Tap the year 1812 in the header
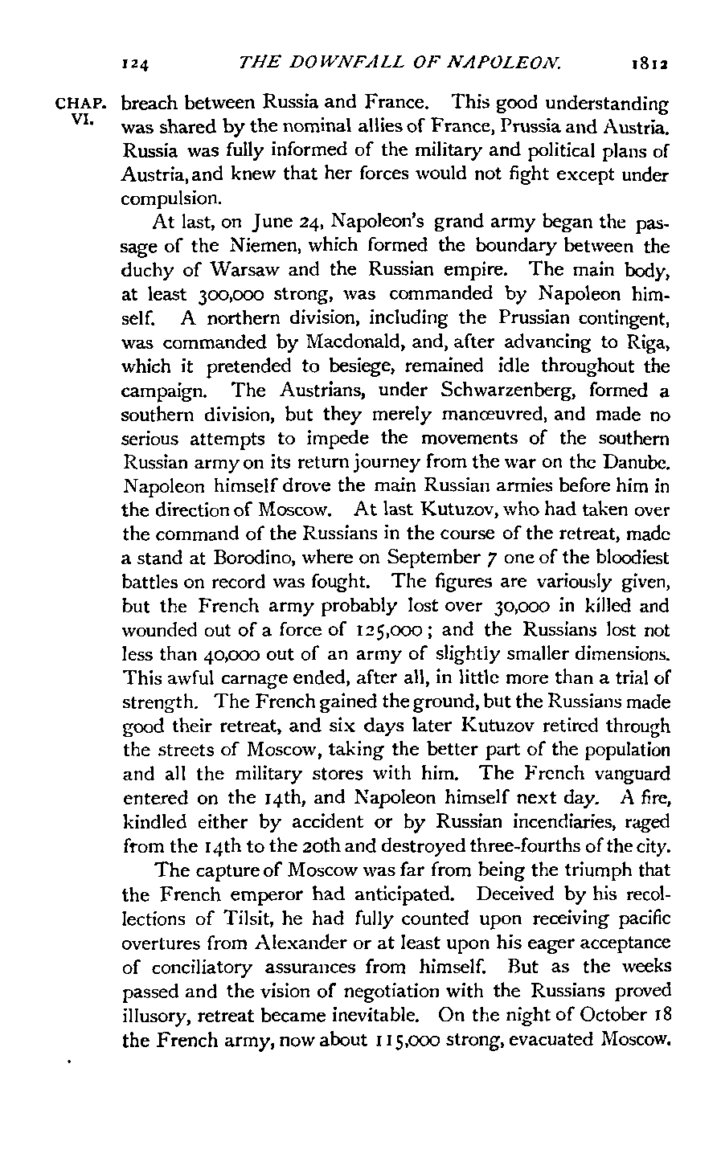point(648,60)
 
